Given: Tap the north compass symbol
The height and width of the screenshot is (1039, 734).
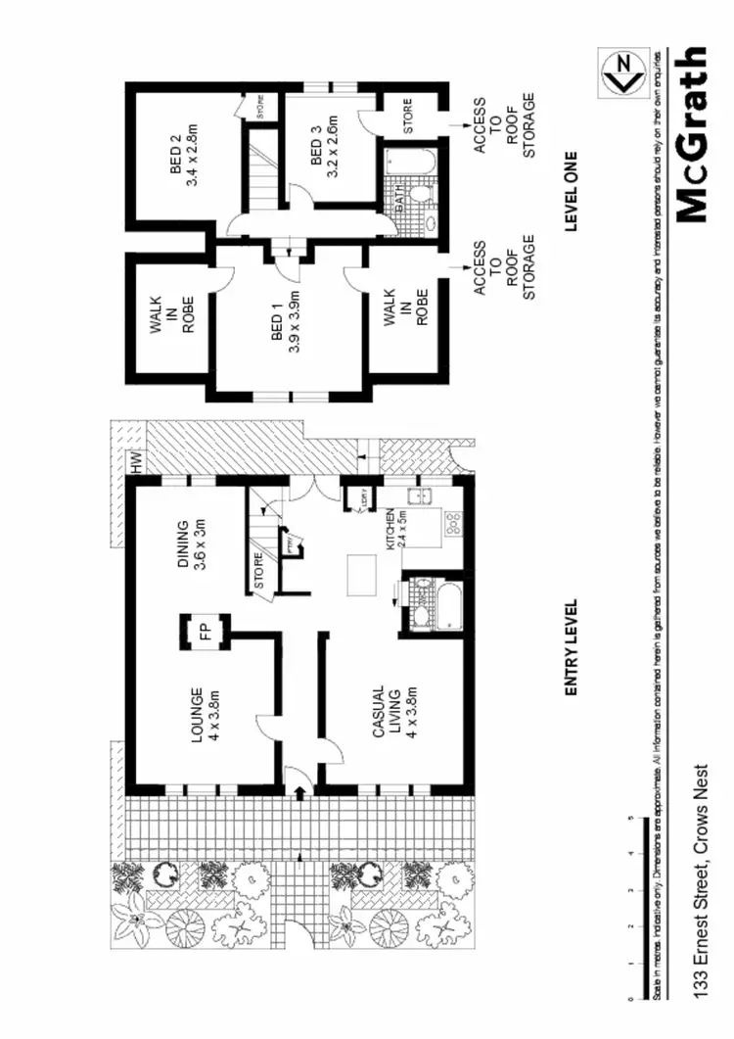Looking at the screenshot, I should pos(619,73).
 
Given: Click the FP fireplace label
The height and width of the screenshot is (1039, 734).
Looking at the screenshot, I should pos(205,633).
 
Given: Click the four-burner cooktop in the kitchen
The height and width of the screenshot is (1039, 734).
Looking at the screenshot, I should pos(454,523).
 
